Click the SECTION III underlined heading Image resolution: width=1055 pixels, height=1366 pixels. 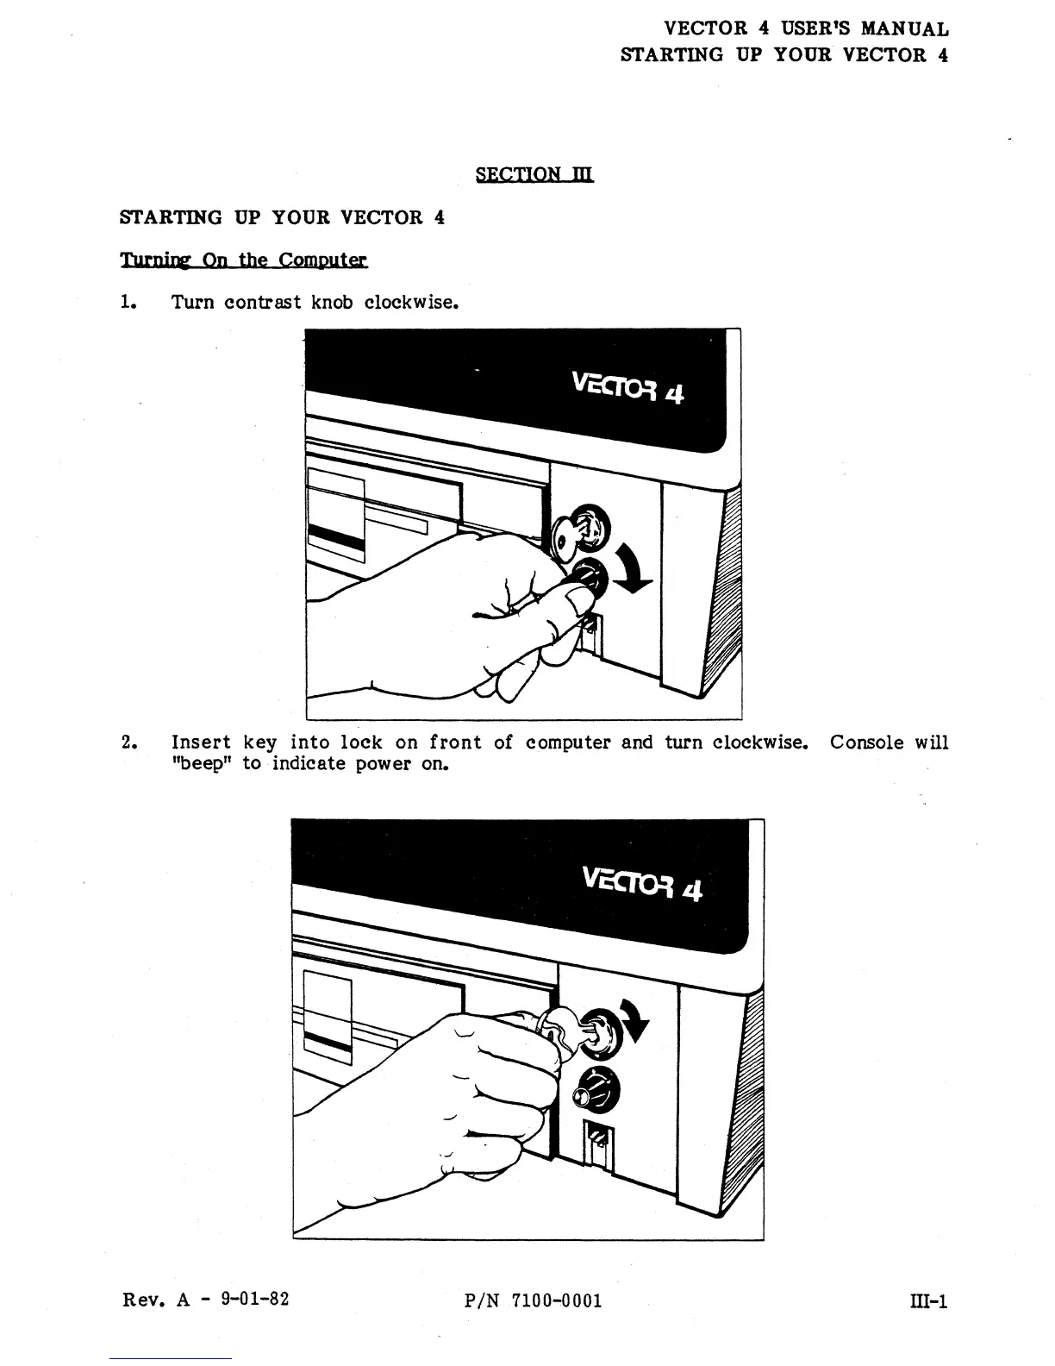coord(534,174)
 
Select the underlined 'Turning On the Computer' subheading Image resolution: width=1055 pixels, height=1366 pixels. coord(243,260)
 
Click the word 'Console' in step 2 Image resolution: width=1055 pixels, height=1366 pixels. coord(866,743)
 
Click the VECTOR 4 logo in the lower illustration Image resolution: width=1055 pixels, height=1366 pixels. coord(642,882)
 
